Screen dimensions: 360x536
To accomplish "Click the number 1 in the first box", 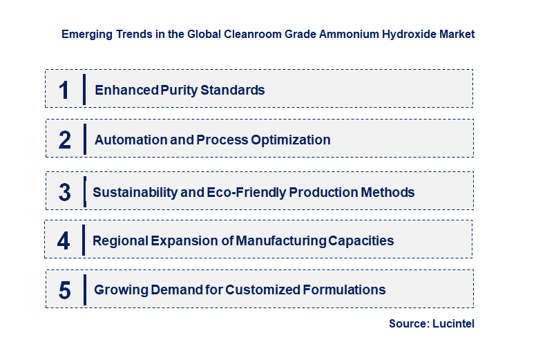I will tap(64, 90).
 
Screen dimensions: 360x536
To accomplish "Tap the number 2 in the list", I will tap(65, 140).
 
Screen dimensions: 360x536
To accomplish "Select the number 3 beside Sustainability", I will tap(64, 192).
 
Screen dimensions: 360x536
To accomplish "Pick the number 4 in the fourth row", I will tap(64, 240).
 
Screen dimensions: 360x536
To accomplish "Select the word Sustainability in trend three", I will tap(135, 192).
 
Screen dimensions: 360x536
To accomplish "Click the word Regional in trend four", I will tap(119, 240).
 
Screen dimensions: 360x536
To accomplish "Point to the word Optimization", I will tap(290, 140).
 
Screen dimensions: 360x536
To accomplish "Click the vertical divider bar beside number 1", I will tap(84, 89).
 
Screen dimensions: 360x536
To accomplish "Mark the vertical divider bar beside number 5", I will tap(84, 290).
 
